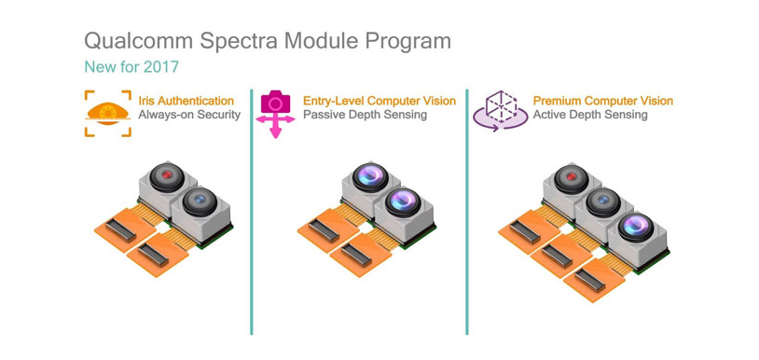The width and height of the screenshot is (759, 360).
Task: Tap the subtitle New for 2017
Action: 131,67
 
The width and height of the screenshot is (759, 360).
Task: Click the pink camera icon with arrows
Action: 275,112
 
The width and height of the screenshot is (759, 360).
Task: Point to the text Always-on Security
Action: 189,115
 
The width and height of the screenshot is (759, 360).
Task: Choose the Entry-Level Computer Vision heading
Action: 379,101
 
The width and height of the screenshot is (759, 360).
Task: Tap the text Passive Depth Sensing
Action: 365,115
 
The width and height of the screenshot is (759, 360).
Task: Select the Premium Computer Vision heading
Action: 602,101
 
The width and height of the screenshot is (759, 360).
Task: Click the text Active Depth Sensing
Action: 589,115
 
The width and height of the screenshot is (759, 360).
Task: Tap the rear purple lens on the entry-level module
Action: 369,176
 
